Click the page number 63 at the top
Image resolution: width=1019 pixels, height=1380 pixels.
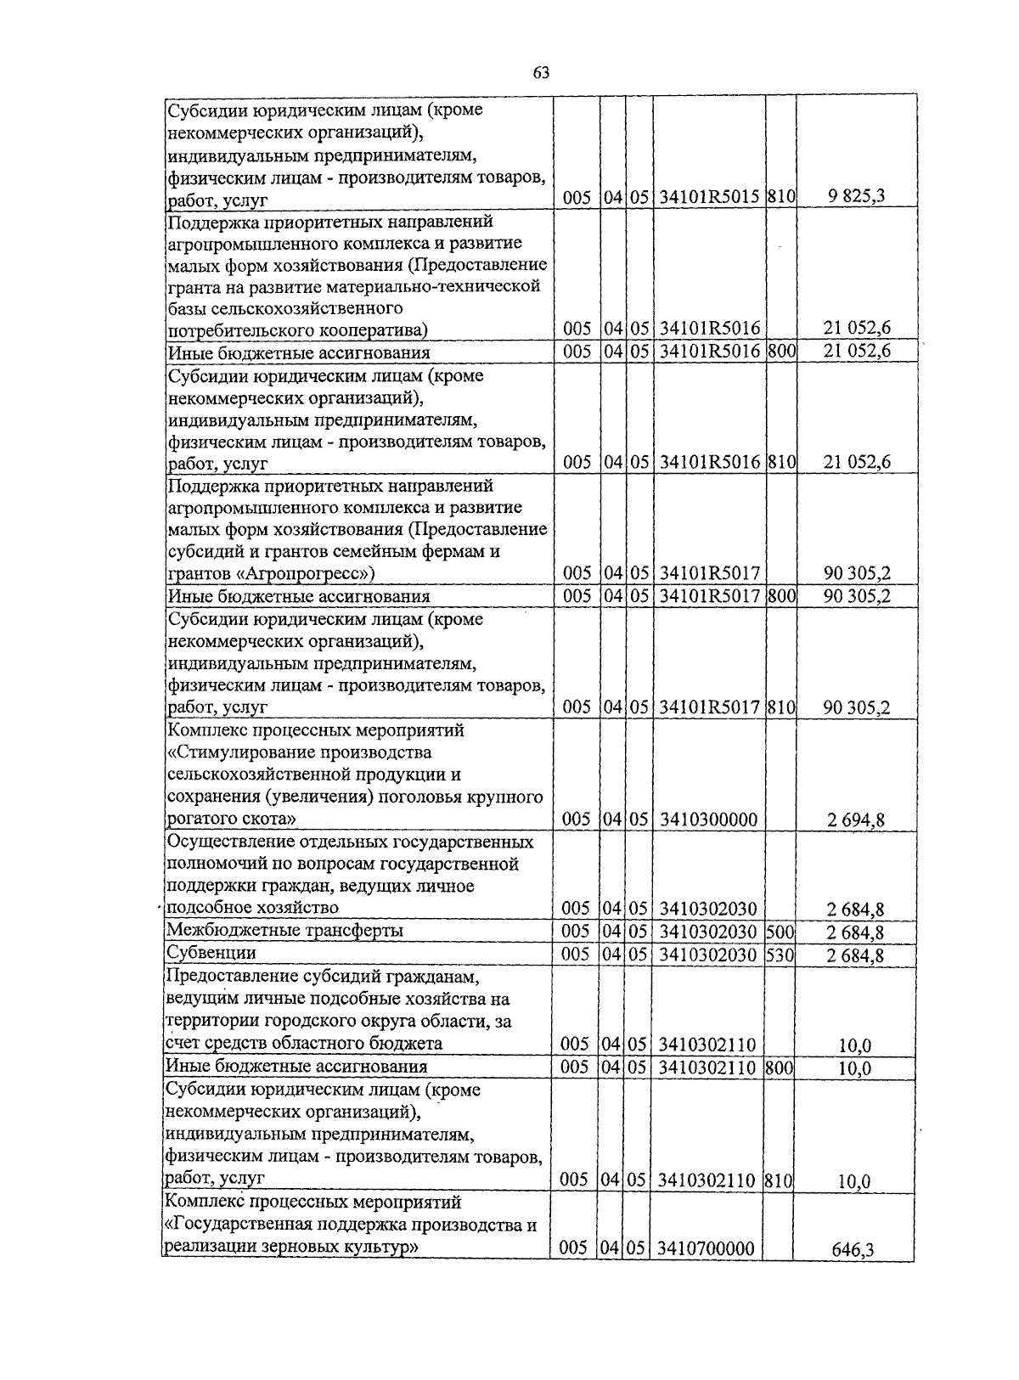[x=542, y=73]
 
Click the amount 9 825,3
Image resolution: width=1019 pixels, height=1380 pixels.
[x=857, y=197]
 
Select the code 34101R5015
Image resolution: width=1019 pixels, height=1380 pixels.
[x=709, y=197]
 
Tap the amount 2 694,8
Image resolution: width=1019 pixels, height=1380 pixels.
[x=857, y=820]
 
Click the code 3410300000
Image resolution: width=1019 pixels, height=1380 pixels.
[x=708, y=820]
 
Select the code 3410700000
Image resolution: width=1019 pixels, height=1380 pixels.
[x=707, y=1248]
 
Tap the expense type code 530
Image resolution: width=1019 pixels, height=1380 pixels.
[x=779, y=955]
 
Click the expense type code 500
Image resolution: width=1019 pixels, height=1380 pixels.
[x=779, y=932]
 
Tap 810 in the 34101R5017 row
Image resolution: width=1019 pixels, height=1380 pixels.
[x=780, y=707]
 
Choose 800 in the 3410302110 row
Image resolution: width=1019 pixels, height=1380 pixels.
[x=778, y=1067]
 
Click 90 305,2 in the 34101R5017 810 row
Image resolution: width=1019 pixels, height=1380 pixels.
[x=857, y=707]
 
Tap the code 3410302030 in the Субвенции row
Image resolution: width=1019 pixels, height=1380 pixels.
[x=707, y=955]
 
